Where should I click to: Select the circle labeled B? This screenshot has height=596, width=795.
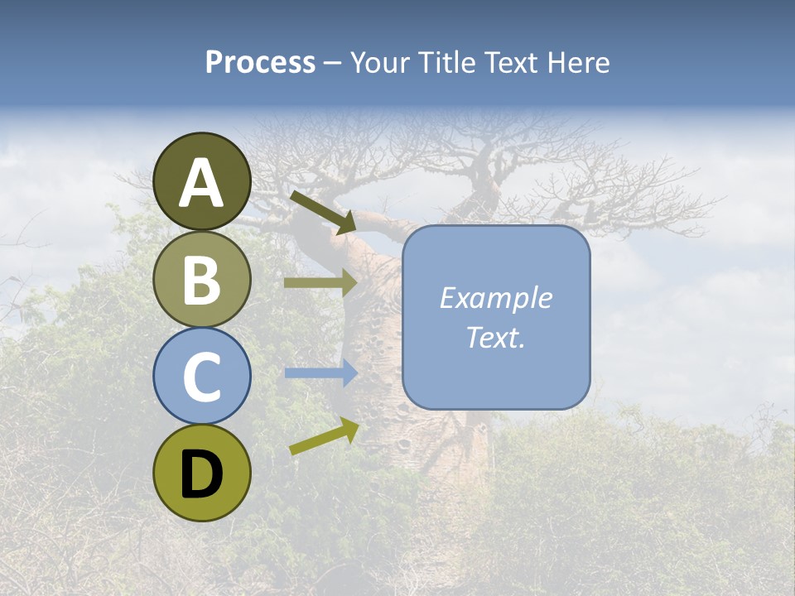(x=201, y=279)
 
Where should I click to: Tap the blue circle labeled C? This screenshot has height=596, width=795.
(x=201, y=376)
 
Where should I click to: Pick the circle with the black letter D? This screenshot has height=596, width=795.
(x=201, y=473)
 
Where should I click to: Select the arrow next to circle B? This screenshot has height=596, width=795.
(x=320, y=282)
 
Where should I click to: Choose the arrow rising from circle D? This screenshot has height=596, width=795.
(x=324, y=436)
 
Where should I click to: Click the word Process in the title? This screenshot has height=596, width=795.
(x=260, y=62)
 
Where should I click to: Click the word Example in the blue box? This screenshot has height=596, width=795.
(x=495, y=298)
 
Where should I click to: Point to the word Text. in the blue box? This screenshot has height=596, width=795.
(x=495, y=337)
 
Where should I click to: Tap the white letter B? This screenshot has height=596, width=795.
(x=201, y=279)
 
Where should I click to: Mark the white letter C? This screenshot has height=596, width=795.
(x=201, y=376)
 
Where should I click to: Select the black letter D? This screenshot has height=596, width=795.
(x=201, y=474)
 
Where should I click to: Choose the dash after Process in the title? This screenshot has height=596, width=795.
(x=332, y=64)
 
